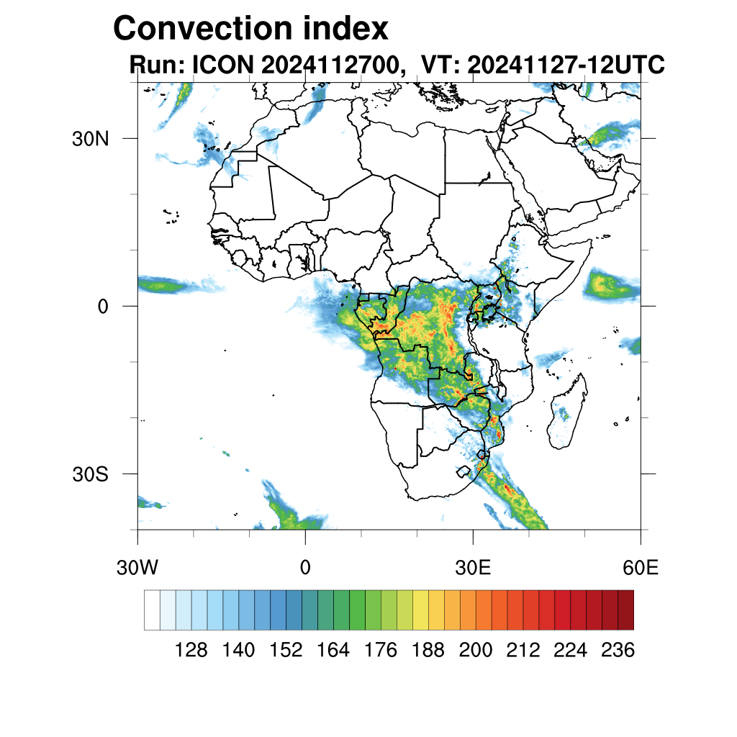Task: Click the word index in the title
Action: pyautogui.click(x=346, y=29)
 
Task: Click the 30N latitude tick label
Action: pyautogui.click(x=90, y=139)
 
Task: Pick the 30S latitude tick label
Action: pyautogui.click(x=90, y=474)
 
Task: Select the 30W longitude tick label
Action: pyautogui.click(x=137, y=568)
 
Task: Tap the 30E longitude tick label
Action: pyautogui.click(x=473, y=568)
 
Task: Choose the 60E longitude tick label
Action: pyautogui.click(x=640, y=568)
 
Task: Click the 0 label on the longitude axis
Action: pyautogui.click(x=305, y=568)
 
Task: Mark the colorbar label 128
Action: pyautogui.click(x=191, y=651)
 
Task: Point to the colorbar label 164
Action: pyautogui.click(x=333, y=651)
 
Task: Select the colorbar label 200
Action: pyautogui.click(x=476, y=651)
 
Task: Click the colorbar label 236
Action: pyautogui.click(x=618, y=651)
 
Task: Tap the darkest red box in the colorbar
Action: pyautogui.click(x=625, y=610)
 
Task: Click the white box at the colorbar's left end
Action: pyautogui.click(x=152, y=610)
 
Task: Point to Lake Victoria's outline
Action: pyautogui.click(x=490, y=311)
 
